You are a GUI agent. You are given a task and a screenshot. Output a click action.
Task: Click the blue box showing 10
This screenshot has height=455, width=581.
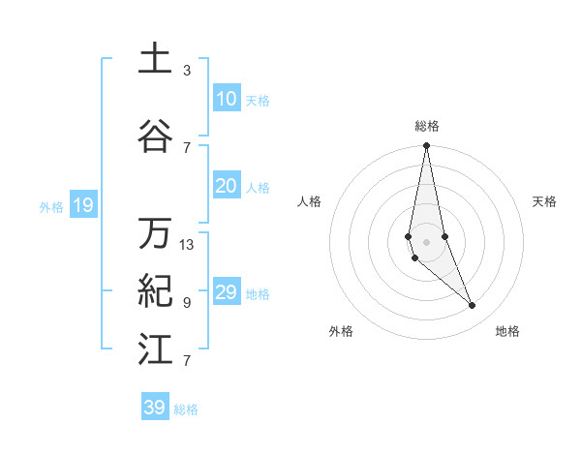(x=226, y=99)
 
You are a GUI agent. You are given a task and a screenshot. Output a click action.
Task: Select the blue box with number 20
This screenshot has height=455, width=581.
(x=226, y=186)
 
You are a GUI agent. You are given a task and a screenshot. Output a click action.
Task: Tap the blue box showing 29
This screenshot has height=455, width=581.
(x=226, y=292)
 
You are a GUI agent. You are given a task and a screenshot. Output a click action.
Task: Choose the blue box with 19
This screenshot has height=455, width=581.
(x=82, y=205)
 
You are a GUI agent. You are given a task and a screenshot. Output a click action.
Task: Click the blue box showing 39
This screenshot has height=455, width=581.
(x=154, y=408)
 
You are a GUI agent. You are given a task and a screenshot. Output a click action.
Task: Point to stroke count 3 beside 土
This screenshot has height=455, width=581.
(x=187, y=71)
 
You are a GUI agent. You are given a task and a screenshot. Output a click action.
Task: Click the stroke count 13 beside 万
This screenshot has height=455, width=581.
(x=187, y=245)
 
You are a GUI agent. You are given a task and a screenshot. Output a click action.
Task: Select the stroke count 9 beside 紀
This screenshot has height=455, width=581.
(x=187, y=303)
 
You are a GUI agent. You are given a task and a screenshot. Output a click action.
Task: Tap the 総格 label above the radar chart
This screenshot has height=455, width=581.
(x=427, y=126)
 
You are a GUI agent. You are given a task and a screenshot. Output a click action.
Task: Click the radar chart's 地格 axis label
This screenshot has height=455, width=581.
(x=507, y=331)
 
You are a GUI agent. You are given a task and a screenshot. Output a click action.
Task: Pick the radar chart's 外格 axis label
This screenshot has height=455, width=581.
(x=341, y=331)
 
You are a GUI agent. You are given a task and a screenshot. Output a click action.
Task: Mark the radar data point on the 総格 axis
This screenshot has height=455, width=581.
(x=426, y=146)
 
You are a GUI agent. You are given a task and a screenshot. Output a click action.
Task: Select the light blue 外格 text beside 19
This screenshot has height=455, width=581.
(x=51, y=206)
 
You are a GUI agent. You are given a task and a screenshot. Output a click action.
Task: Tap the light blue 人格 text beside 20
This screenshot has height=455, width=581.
(x=258, y=187)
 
